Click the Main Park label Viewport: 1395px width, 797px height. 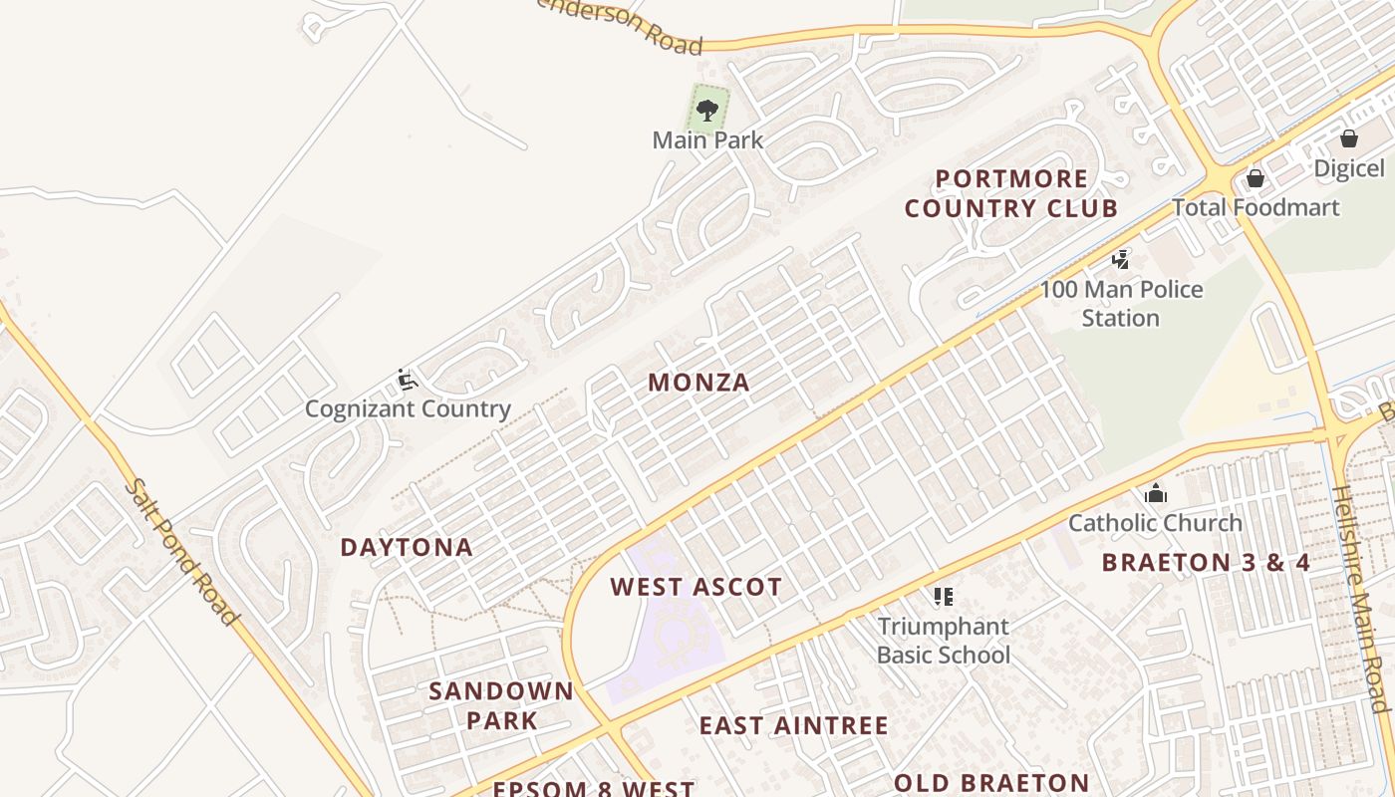tap(707, 140)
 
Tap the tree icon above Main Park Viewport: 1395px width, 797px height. tap(707, 109)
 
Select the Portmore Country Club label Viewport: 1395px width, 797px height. tap(1011, 193)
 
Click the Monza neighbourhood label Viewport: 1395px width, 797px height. tap(698, 383)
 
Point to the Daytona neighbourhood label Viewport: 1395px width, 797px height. tap(407, 547)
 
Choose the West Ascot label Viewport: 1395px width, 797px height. tap(696, 587)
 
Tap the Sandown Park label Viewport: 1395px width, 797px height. tap(501, 705)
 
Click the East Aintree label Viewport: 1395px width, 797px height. tap(793, 725)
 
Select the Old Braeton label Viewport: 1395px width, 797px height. tap(991, 783)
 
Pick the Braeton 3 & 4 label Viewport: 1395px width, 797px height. tap(1206, 562)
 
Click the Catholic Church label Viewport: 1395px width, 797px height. tap(1155, 523)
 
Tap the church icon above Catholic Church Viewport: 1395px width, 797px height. tap(1155, 493)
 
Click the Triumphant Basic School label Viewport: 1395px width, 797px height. tap(944, 641)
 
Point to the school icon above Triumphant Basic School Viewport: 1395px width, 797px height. tap(944, 597)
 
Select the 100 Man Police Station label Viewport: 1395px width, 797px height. tap(1121, 304)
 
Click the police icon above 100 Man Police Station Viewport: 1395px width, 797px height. tap(1121, 260)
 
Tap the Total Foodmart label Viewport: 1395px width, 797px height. tap(1255, 208)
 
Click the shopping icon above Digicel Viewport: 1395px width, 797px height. tap(1348, 138)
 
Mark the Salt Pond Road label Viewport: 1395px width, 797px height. tap(184, 553)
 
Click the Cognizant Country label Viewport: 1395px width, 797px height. tap(408, 408)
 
